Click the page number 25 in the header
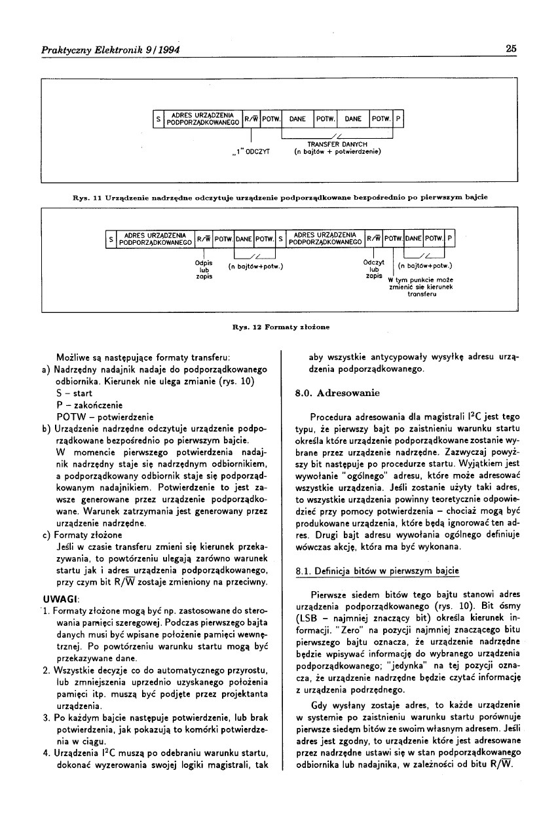coord(511,49)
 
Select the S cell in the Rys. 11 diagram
coord(157,120)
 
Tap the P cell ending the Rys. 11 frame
coord(399,120)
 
